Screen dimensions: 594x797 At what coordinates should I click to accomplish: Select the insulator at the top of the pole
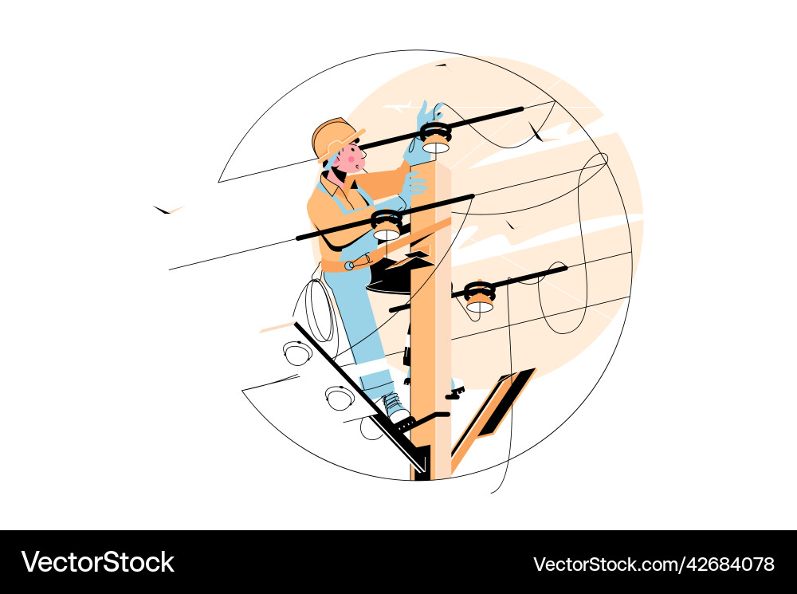click(x=435, y=137)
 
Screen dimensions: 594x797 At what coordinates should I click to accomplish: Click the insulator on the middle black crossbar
click(x=387, y=225)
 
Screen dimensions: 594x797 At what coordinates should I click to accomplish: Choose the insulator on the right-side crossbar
click(x=479, y=296)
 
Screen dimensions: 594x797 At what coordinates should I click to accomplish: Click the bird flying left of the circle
click(x=166, y=210)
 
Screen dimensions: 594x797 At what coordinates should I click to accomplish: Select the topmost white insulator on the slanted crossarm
click(x=297, y=352)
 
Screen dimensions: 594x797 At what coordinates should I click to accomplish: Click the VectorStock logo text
click(x=97, y=561)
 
